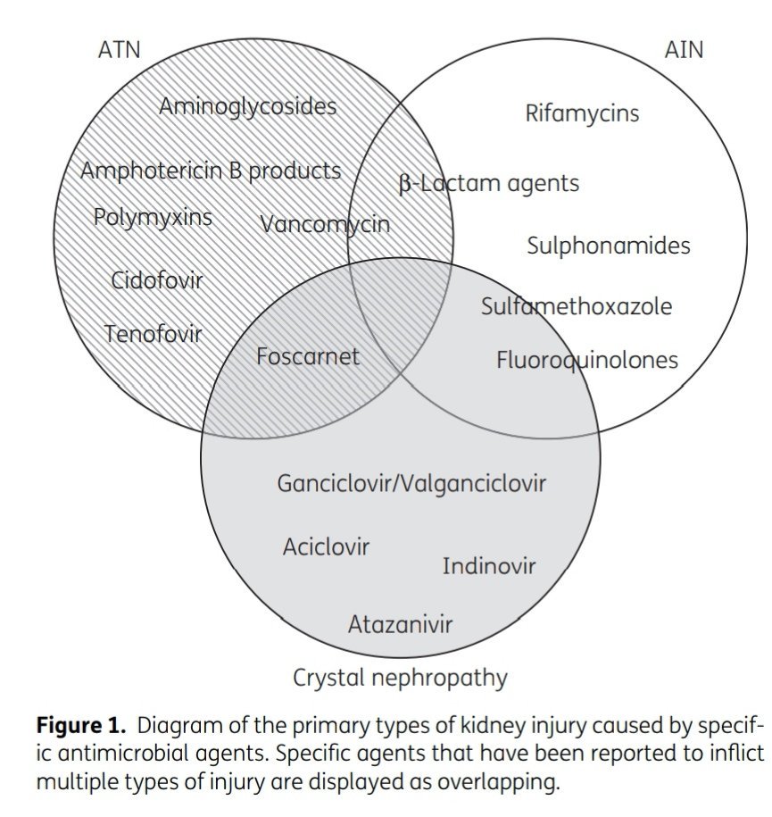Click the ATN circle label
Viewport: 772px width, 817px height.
coord(119,49)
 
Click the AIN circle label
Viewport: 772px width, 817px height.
coord(684,49)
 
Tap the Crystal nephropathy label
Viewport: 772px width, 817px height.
coord(400,679)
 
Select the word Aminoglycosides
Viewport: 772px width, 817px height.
coord(247,107)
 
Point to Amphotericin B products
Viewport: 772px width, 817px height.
coord(211,171)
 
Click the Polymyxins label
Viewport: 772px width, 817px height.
coord(153,217)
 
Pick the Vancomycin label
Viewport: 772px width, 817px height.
coord(325,224)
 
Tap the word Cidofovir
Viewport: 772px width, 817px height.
coord(157,280)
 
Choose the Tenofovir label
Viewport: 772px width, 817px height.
coord(153,335)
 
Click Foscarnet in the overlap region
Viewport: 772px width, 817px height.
coord(307,357)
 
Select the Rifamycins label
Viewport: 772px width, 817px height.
coord(582,113)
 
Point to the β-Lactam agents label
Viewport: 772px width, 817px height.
coord(488,184)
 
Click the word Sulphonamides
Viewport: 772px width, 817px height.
coord(608,246)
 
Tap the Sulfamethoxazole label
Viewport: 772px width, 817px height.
coord(577,307)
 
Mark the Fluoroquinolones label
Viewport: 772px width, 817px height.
coord(586,360)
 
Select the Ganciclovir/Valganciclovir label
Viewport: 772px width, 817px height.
coord(411,484)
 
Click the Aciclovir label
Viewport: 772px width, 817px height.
coord(326,546)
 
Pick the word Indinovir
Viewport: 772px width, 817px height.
coord(489,566)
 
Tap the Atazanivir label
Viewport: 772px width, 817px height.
coord(400,623)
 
